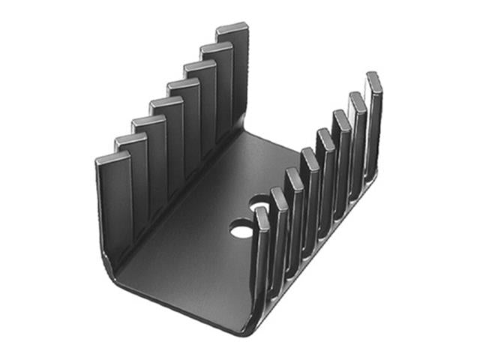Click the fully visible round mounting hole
point(241,229)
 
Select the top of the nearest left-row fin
point(113,159)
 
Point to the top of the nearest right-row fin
point(262,213)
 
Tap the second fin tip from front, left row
point(130,140)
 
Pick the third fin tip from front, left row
point(148,121)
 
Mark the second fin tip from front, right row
point(278,193)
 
